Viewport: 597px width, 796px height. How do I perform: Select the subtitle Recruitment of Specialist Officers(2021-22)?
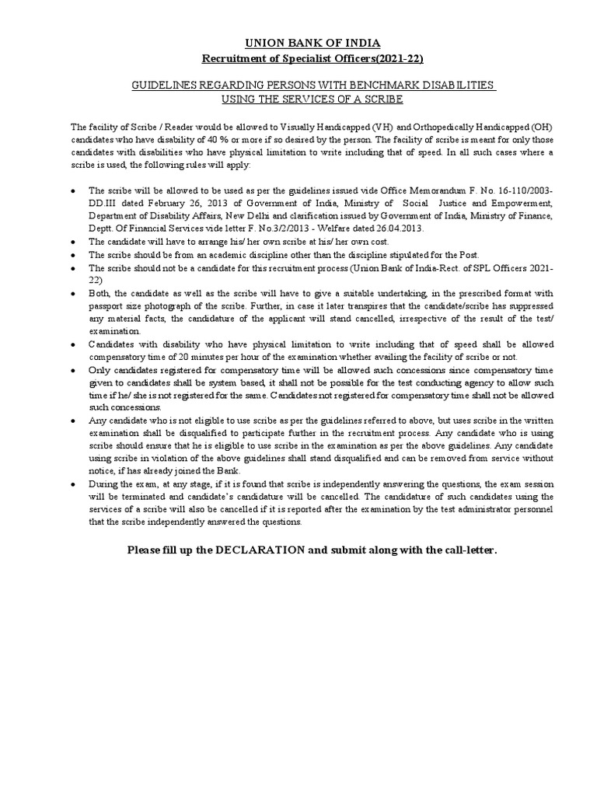[x=313, y=58]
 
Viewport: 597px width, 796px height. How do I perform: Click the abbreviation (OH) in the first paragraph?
[x=539, y=127]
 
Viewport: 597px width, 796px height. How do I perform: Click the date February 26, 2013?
[x=177, y=204]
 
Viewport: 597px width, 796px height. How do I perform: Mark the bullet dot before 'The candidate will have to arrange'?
[x=73, y=243]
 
